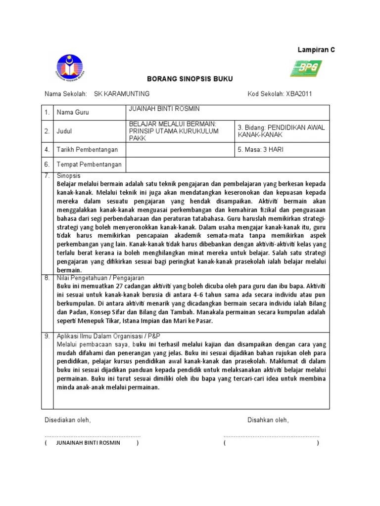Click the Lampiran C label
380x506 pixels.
(x=316, y=50)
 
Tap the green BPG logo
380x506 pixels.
(x=306, y=68)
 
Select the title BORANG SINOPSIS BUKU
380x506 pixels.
(x=183, y=79)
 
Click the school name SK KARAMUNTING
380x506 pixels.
(x=122, y=94)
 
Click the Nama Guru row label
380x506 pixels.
(x=73, y=113)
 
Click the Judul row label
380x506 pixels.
(x=65, y=131)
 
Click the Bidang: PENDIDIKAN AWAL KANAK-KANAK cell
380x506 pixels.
(x=281, y=131)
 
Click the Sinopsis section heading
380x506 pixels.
(x=69, y=175)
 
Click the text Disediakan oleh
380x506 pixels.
(x=67, y=420)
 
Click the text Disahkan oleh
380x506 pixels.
(x=268, y=420)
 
